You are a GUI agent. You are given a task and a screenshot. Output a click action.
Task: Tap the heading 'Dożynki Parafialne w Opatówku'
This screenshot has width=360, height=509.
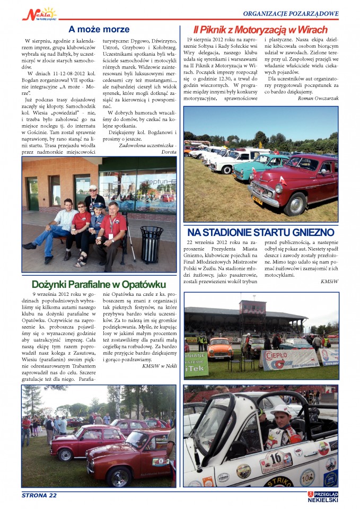coord(99,284)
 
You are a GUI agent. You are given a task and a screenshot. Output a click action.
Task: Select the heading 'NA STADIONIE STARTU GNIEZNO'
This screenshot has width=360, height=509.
coord(260,232)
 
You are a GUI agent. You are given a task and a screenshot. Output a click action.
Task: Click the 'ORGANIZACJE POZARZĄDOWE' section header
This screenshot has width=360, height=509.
coord(291,13)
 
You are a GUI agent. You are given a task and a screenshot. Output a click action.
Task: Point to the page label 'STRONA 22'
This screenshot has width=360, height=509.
coord(39,495)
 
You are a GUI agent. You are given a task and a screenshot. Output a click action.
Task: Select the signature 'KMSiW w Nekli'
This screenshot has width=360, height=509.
coord(159,366)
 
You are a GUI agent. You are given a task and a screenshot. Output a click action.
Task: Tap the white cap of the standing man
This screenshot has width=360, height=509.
coord(93,188)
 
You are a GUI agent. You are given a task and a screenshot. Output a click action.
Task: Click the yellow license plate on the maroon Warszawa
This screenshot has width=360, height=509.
coord(257,200)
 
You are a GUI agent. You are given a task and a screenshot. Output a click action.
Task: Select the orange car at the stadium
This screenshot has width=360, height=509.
coord(220,349)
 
